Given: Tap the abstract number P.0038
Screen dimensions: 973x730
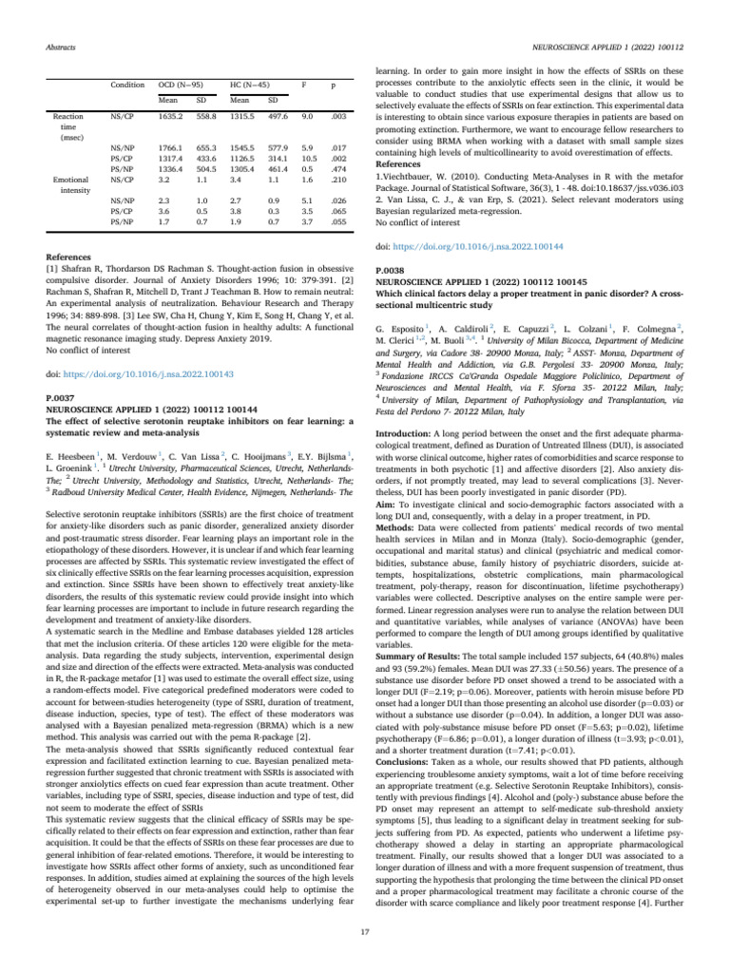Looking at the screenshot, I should [x=394, y=244].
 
